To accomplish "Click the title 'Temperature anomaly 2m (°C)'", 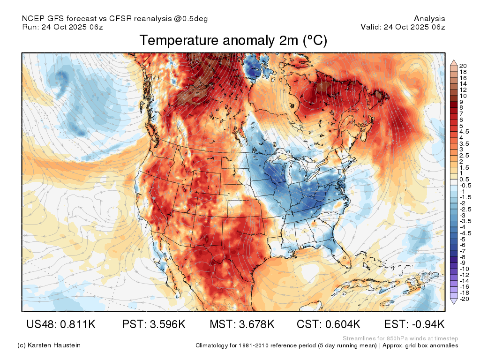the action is tap(233, 40).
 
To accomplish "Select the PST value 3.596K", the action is tap(167, 324).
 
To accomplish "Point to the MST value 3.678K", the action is tap(256, 324).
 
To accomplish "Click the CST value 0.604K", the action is tap(342, 324).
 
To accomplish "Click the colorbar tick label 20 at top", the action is tap(463, 66).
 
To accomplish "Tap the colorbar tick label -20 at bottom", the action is tap(464, 299).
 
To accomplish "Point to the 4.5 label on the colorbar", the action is tap(464, 132).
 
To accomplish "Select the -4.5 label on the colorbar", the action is tap(465, 233).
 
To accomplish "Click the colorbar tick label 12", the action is tap(463, 90).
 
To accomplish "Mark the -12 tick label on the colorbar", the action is tap(464, 275).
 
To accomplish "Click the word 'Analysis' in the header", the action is tap(429, 19).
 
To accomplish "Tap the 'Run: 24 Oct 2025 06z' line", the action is tap(62, 27).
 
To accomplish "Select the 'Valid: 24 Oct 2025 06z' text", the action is tap(403, 27).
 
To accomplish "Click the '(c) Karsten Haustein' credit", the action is tap(49, 345).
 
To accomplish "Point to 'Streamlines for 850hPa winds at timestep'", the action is tap(400, 338).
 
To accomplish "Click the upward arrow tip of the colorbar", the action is tap(454, 60).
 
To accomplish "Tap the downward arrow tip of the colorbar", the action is tap(454, 304).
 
